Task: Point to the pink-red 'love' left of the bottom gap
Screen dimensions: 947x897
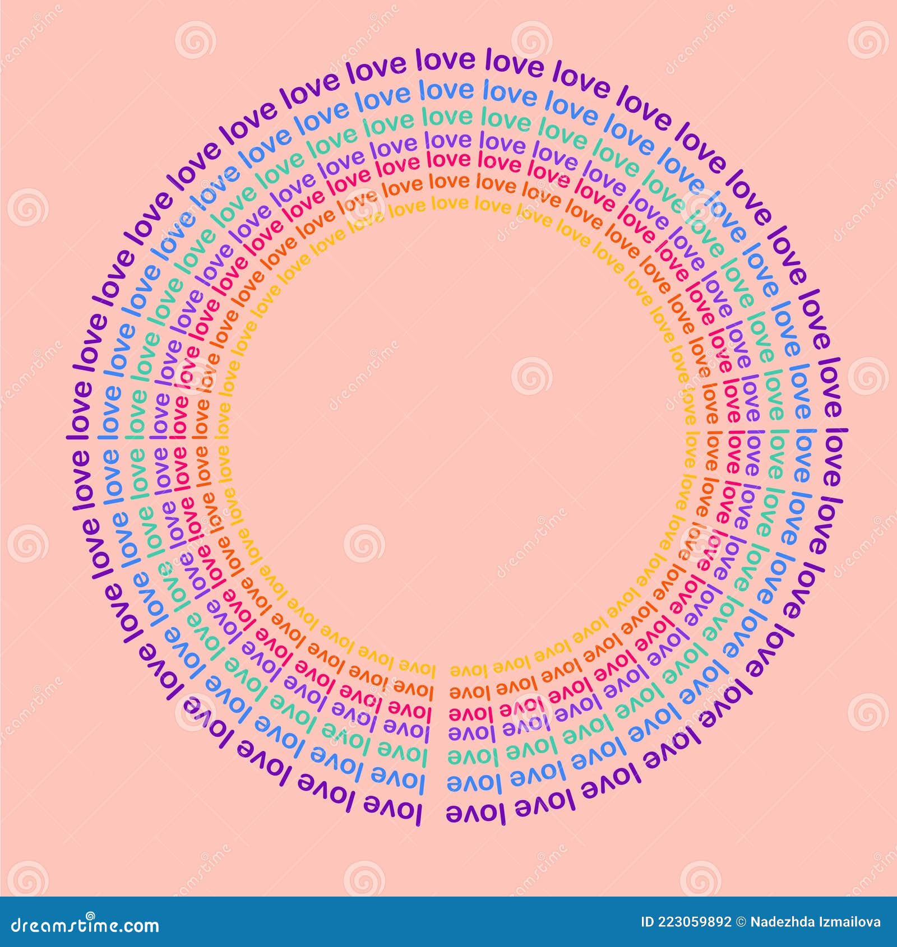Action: (410, 709)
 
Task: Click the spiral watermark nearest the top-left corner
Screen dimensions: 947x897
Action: (195, 39)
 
